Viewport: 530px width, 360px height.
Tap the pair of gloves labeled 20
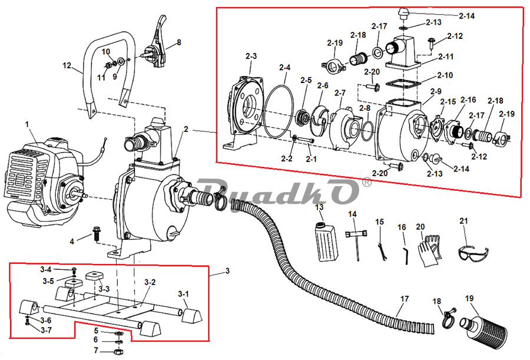pyautogui.click(x=430, y=251)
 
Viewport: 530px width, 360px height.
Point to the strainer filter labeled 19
pyautogui.click(x=483, y=329)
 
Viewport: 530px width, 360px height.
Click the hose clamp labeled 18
pyautogui.click(x=449, y=318)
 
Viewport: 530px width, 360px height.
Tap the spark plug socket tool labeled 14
pyautogui.click(x=356, y=243)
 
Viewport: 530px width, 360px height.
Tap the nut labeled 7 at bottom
pyautogui.click(x=118, y=352)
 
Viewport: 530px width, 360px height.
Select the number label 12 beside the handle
pyautogui.click(x=67, y=65)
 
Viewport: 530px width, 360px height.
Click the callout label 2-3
pyautogui.click(x=251, y=56)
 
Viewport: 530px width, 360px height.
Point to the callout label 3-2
pyautogui.click(x=150, y=282)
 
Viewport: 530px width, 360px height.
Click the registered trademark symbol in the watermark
pyautogui.click(x=366, y=183)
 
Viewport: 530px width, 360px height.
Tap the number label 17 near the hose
pyautogui.click(x=404, y=299)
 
